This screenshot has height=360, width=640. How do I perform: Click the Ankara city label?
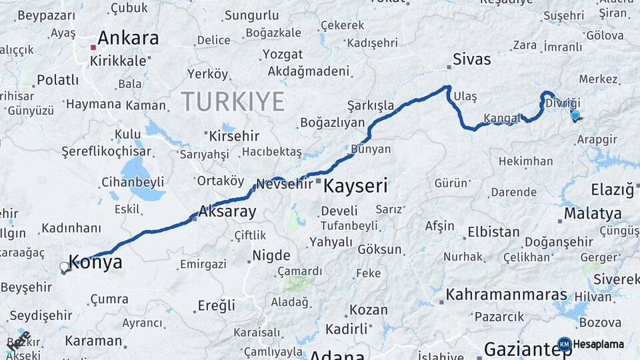pyautogui.click(x=129, y=38)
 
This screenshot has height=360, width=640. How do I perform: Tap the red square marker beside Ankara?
pyautogui.click(x=93, y=47)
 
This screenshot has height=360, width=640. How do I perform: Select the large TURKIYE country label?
pyautogui.click(x=233, y=101)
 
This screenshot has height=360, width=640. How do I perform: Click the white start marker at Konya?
pyautogui.click(x=65, y=267)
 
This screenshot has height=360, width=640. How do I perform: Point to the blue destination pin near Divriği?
pyautogui.click(x=575, y=115)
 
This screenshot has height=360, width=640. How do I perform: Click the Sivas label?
pyautogui.click(x=471, y=59)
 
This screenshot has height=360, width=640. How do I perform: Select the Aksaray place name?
pyautogui.click(x=227, y=213)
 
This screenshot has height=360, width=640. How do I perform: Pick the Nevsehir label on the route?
pyautogui.click(x=285, y=185)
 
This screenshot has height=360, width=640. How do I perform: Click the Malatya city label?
pyautogui.click(x=592, y=214)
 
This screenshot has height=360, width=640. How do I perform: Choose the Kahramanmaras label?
pyautogui.click(x=506, y=294)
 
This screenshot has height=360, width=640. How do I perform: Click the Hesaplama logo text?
pyautogui.click(x=599, y=345)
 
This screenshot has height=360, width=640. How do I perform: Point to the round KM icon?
pyautogui.click(x=564, y=345)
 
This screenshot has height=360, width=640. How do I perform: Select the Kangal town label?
pyautogui.click(x=501, y=119)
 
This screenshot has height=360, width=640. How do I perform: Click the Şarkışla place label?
pyautogui.click(x=371, y=106)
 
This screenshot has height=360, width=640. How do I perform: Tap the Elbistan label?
pyautogui.click(x=493, y=233)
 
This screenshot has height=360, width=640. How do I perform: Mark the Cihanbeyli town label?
pyautogui.click(x=133, y=182)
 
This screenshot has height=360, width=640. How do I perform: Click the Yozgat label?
pyautogui.click(x=282, y=54)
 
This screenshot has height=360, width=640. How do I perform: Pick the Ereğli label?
pyautogui.click(x=217, y=305)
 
